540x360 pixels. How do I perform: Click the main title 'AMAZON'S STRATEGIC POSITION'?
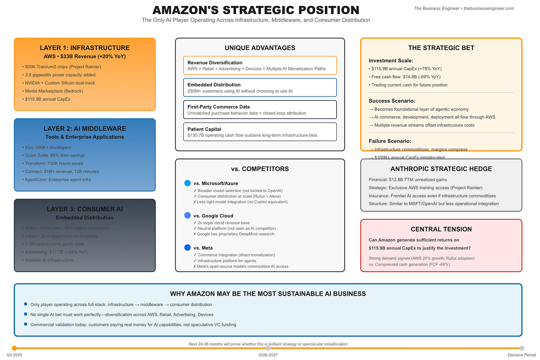click(x=256, y=10)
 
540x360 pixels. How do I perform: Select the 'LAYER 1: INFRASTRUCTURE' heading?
click(x=85, y=48)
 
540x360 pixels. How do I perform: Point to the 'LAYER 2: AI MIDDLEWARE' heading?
click(x=85, y=129)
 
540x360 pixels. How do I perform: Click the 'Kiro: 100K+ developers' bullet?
click(x=48, y=148)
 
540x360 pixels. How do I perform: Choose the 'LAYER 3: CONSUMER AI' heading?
click(x=85, y=209)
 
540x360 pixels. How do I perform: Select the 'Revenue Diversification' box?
click(x=260, y=65)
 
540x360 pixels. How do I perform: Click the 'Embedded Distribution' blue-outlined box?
click(x=260, y=87)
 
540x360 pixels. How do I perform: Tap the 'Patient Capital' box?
click(x=260, y=132)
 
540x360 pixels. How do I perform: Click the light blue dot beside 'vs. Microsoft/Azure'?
click(x=188, y=183)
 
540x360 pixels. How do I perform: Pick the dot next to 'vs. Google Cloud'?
click(x=188, y=215)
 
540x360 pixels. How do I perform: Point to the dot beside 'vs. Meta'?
click(x=188, y=248)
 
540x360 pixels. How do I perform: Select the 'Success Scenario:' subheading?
click(x=392, y=101)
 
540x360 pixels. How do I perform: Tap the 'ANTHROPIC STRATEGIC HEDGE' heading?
click(x=441, y=169)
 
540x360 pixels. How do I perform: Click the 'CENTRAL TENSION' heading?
click(x=441, y=229)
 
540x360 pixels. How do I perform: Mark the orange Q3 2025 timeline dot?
click(x=14, y=348)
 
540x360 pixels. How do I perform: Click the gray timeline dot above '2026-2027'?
click(x=268, y=348)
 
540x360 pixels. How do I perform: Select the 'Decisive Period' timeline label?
click(x=521, y=355)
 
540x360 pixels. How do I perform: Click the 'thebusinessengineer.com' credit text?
click(x=488, y=9)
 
